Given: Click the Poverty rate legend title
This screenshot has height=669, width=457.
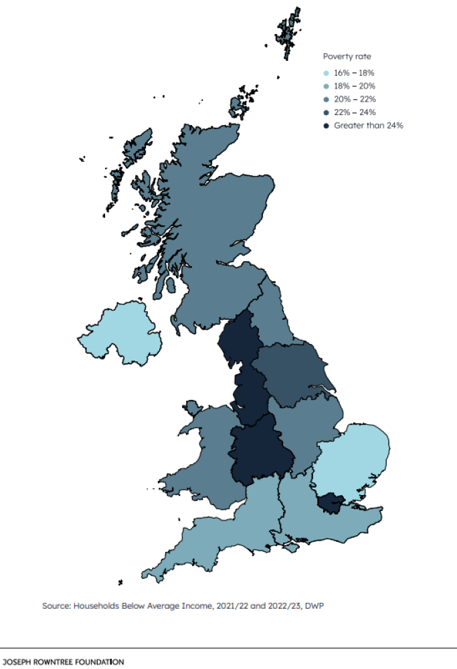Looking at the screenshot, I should point(347,57).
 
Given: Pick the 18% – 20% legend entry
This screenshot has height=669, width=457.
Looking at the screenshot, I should point(354,86).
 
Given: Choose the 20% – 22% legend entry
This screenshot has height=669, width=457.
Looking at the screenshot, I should point(354,99).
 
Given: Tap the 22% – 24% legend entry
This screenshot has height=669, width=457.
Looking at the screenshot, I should point(354,112).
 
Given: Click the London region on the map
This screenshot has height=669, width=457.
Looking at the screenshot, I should point(329,502).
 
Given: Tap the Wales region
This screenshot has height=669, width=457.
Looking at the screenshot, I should point(204,455).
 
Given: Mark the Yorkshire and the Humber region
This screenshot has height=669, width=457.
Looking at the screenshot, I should point(294,375).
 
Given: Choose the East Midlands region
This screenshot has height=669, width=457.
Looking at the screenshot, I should point(304,428).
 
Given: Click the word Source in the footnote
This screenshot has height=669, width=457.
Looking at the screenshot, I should point(56,605).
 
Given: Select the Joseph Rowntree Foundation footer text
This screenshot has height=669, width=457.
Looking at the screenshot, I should point(62,662).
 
